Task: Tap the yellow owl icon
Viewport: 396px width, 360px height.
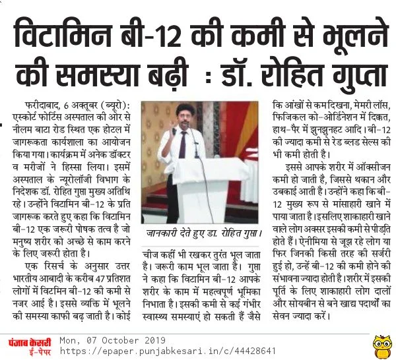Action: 381,344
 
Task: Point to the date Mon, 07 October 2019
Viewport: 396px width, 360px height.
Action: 112,340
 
